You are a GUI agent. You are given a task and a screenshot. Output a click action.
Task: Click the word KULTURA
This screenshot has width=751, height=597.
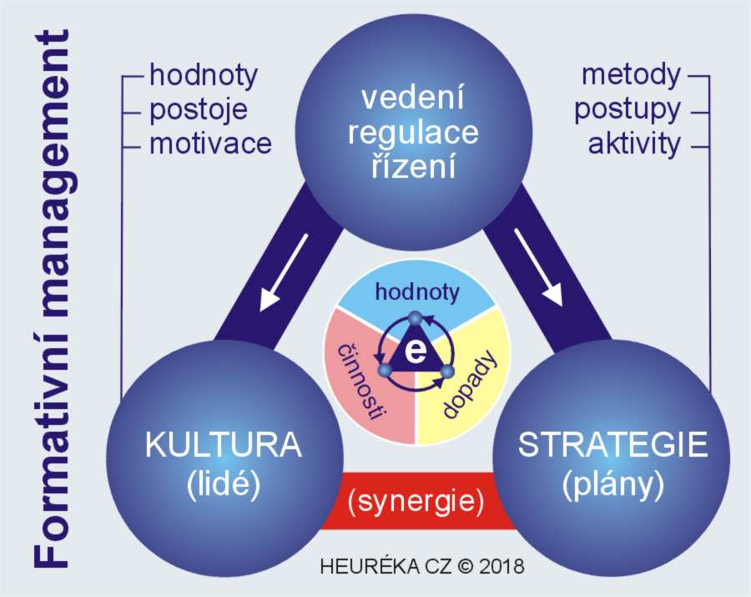tap(224, 446)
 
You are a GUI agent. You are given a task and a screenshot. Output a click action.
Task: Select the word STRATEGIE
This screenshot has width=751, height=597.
tap(612, 446)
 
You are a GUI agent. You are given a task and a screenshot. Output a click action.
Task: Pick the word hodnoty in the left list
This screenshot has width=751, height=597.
tap(203, 75)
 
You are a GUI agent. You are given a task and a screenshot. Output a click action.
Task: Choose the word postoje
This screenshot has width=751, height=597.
tap(199, 109)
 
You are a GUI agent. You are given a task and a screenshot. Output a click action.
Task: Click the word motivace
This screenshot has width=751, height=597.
tap(210, 144)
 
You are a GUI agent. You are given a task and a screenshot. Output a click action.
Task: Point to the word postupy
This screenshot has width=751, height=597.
tap(628, 109)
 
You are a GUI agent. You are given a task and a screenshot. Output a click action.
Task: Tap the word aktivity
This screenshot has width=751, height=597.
tap(634, 144)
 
